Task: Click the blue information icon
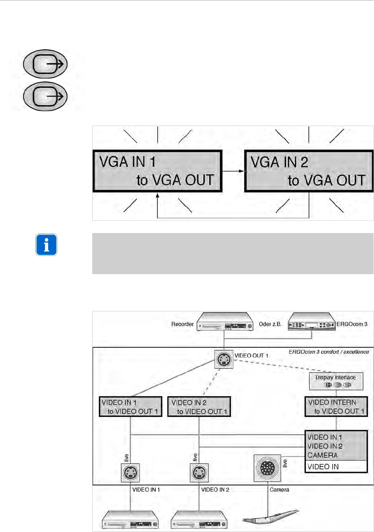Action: tap(47, 245)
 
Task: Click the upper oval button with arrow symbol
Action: tap(46, 64)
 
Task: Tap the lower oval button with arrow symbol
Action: tap(46, 97)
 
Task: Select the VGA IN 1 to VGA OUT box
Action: tap(157, 171)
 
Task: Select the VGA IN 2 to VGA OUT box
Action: tap(309, 171)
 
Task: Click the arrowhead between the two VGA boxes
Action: tap(242, 171)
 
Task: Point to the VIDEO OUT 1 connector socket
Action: tap(224, 359)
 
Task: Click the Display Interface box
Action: tap(336, 381)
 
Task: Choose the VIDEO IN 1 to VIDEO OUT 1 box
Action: tap(131, 407)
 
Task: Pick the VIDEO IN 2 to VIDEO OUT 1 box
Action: tap(199, 407)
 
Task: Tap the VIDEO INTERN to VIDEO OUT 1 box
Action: tap(336, 407)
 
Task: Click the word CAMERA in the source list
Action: tap(322, 455)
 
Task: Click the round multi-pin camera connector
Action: tap(267, 468)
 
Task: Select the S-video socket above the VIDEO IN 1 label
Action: tap(130, 473)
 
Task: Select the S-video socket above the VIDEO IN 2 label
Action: tap(199, 473)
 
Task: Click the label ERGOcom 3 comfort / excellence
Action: tap(329, 352)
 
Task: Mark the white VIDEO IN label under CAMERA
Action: tap(323, 467)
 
